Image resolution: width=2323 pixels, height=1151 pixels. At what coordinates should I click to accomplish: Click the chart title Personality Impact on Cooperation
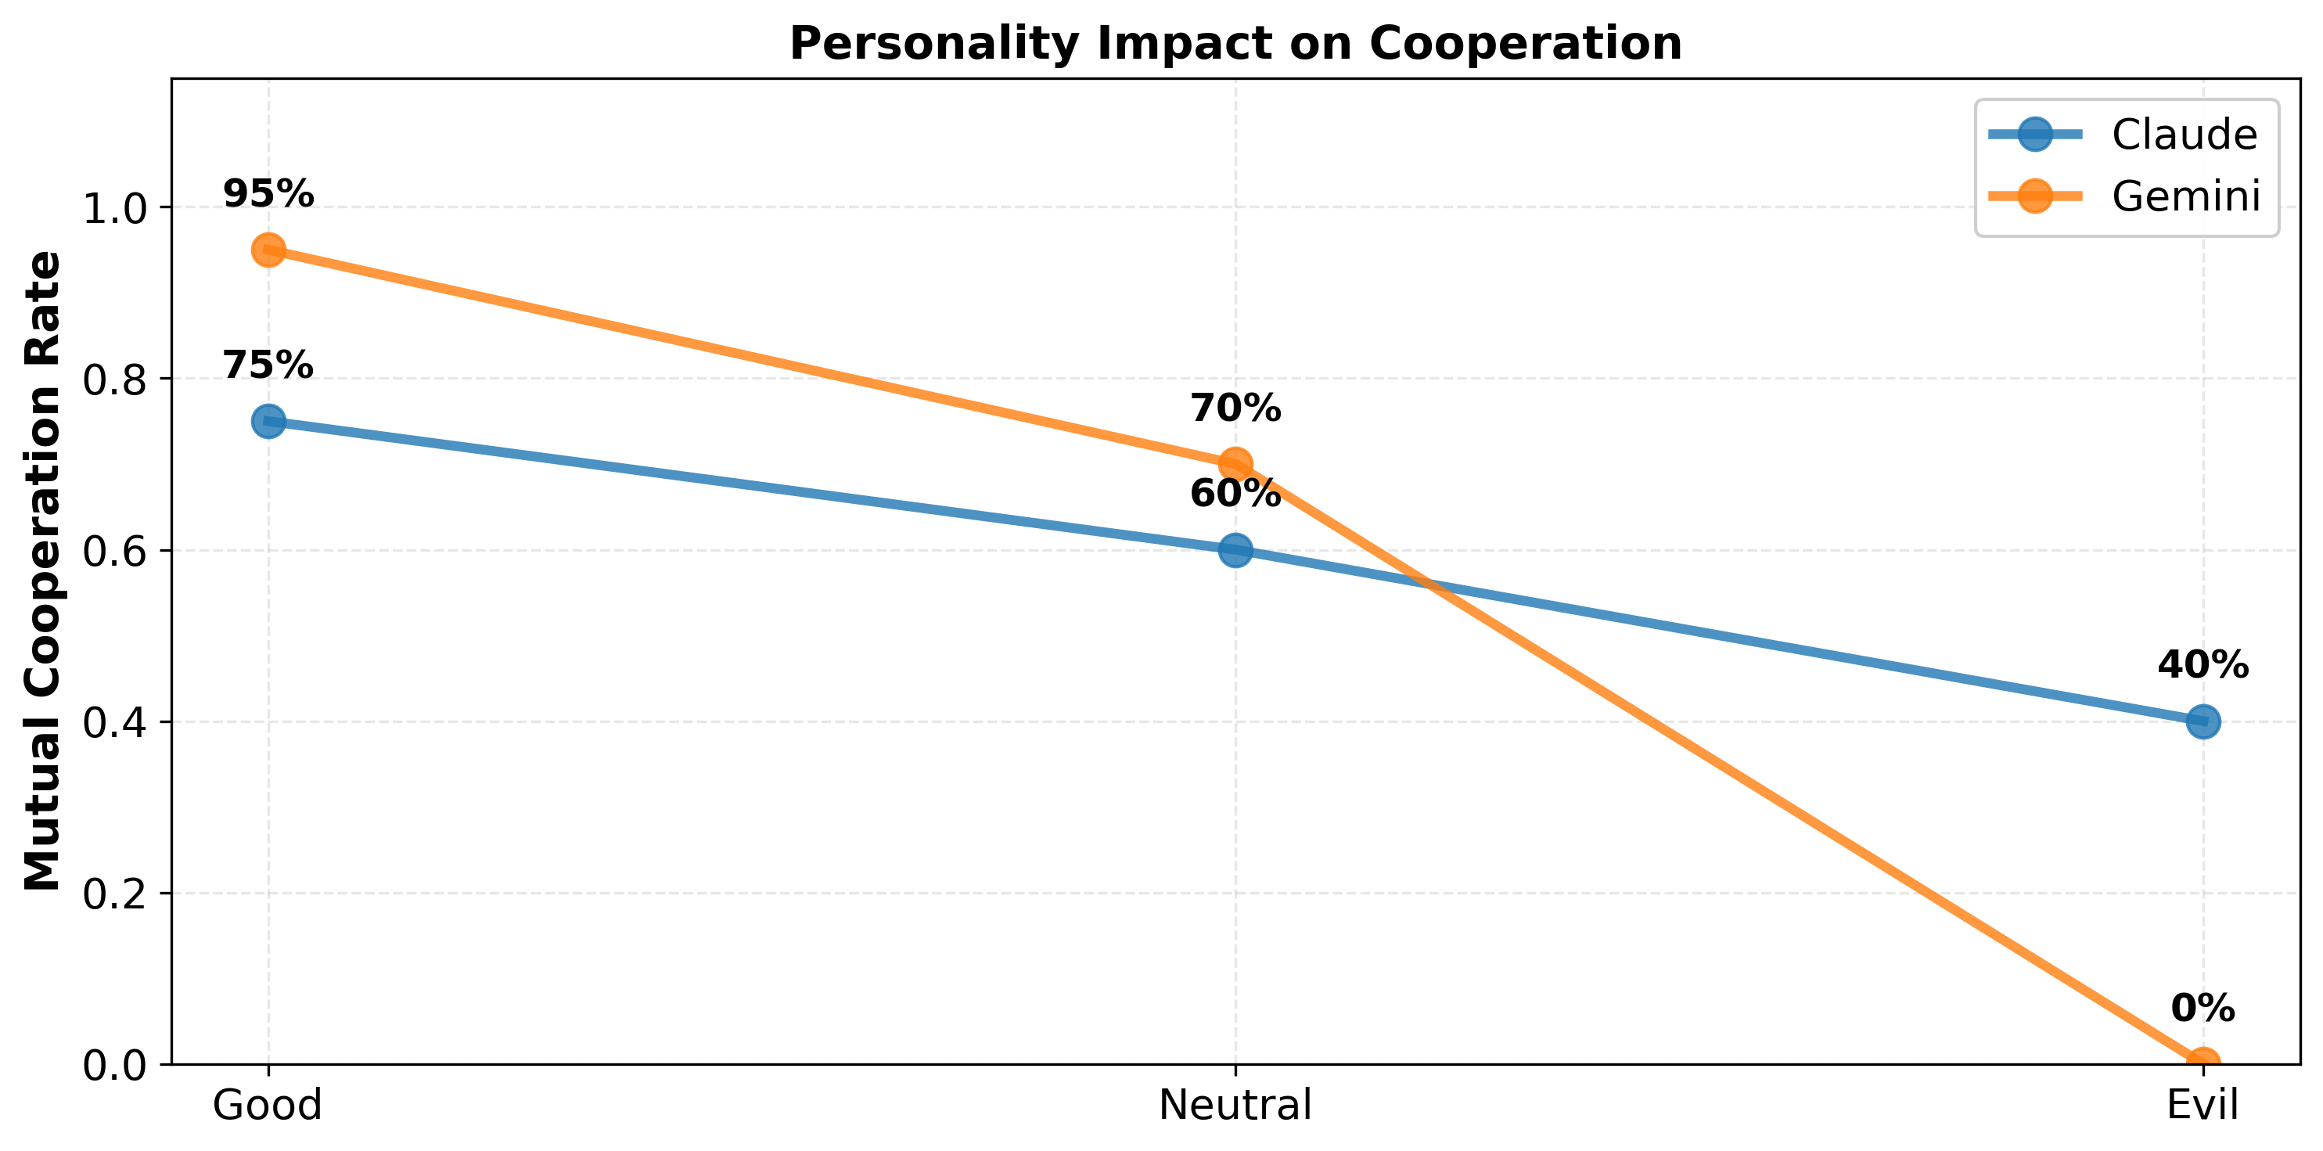click(1235, 43)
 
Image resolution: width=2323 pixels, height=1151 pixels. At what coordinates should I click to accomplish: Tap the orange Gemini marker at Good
click(268, 250)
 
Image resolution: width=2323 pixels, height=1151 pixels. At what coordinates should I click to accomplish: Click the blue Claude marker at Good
click(268, 421)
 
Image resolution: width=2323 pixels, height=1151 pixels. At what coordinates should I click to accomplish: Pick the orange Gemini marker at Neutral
click(1235, 465)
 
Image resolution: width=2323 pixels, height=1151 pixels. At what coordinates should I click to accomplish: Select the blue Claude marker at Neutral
click(1235, 550)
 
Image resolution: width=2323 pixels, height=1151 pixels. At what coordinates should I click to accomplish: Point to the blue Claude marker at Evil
click(2203, 721)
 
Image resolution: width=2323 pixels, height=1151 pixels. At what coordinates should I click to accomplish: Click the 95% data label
click(268, 194)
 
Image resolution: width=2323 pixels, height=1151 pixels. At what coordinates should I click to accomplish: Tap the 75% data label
click(268, 365)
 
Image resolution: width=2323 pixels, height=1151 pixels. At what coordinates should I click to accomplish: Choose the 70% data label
click(1235, 408)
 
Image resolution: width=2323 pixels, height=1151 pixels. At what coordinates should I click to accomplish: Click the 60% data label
click(1235, 494)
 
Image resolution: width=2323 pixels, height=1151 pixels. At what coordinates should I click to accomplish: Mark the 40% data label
click(2203, 666)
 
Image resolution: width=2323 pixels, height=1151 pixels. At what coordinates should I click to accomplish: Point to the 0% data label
click(2203, 1009)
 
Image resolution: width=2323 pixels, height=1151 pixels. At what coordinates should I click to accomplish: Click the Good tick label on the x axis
click(268, 1105)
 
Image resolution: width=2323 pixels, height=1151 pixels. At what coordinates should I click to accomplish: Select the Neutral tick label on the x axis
click(1235, 1105)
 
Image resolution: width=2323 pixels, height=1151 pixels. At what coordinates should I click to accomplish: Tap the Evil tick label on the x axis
click(2203, 1105)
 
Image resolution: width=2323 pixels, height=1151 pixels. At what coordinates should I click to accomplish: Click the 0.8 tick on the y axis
click(114, 379)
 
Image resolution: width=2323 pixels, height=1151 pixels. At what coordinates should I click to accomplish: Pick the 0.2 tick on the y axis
click(114, 894)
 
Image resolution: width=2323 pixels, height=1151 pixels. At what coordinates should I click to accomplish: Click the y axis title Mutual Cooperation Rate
click(43, 571)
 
